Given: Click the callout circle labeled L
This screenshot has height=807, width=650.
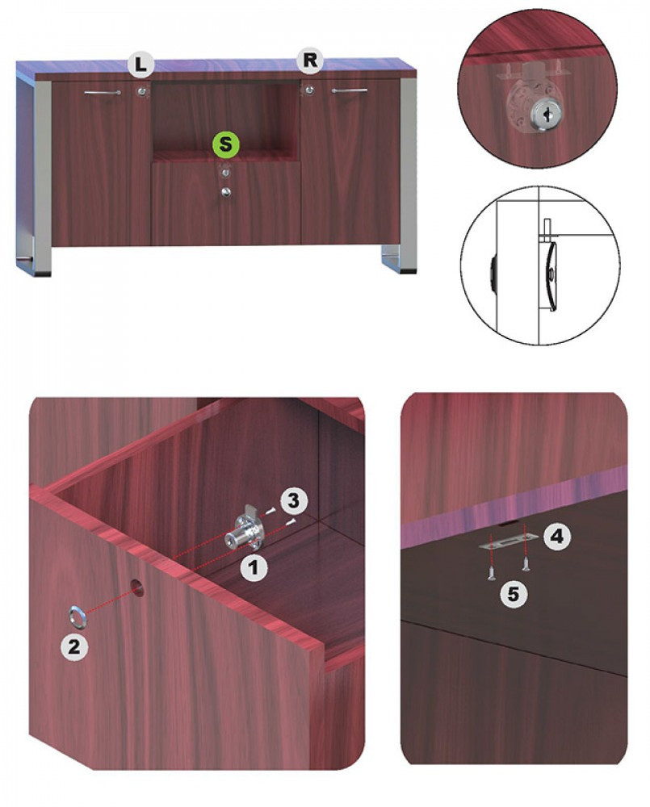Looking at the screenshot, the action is tap(140, 65).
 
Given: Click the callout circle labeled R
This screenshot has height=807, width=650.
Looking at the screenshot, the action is tap(310, 61).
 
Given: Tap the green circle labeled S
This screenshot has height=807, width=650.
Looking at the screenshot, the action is tap(225, 144).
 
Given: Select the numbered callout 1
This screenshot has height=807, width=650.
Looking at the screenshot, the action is tap(253, 567).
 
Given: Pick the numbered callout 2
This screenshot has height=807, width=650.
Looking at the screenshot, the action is tap(74, 646).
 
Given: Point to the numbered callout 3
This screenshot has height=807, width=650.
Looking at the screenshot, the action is tap(293, 500).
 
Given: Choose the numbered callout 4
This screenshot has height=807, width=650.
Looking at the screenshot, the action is tap(556, 537).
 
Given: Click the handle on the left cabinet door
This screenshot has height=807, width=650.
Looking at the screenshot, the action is tap(103, 93).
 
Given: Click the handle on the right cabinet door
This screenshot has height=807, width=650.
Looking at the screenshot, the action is tap(350, 90).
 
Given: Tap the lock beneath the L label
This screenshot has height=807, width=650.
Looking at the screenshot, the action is tap(141, 92).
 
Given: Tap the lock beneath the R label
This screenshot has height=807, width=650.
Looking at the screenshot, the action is tap(308, 90).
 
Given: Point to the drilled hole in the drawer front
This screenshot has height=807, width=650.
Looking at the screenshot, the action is tap(136, 586).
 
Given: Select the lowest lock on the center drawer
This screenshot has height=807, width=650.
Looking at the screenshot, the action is tap(225, 193).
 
